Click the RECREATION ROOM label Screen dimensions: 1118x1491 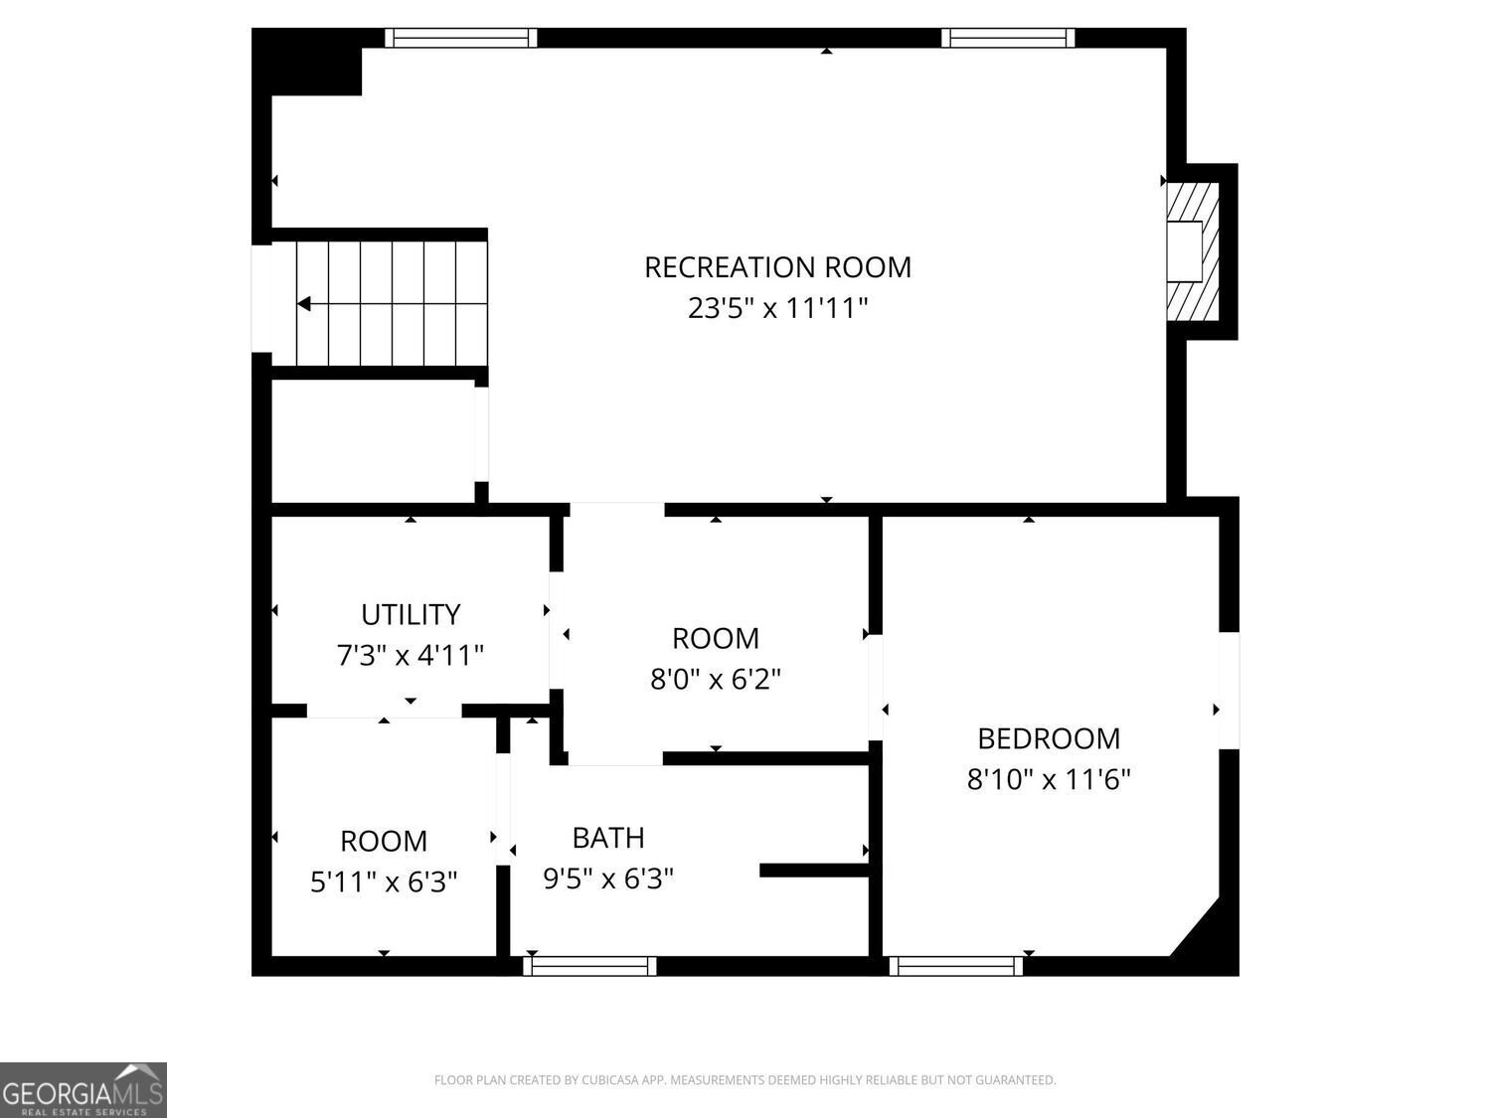click(777, 267)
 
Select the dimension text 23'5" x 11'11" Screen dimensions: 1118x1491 click(777, 309)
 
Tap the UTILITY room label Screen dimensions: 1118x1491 click(411, 615)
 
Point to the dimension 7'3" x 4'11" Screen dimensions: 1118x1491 click(411, 656)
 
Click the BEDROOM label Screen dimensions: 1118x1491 click(1049, 738)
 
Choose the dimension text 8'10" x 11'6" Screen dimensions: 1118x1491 click(1049, 779)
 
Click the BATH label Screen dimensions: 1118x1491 click(608, 838)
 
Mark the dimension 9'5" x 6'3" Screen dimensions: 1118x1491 click(608, 878)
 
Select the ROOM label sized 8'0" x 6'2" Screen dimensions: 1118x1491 click(715, 638)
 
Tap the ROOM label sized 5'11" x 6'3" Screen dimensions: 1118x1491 click(384, 841)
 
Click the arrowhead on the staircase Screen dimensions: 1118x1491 click(304, 304)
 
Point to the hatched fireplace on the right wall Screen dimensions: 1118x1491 click(1193, 251)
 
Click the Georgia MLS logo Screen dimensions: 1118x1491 click(83, 1089)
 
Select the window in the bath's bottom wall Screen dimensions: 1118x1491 click(589, 966)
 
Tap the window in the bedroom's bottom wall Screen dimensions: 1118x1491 click(955, 966)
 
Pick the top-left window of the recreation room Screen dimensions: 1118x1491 click(460, 38)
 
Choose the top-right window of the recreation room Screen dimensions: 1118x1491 click(1008, 38)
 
